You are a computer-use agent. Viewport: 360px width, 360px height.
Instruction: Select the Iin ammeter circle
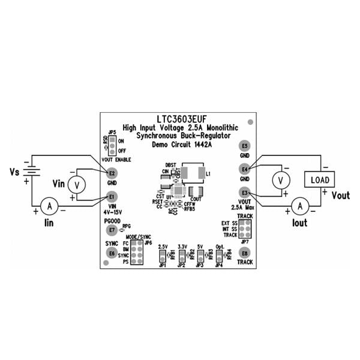tap(50, 206)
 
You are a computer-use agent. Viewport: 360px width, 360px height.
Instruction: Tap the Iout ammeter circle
tap(302, 206)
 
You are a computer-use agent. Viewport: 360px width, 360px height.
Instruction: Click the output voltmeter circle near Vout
tap(278, 179)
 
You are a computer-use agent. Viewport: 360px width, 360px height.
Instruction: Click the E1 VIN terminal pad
tap(111, 196)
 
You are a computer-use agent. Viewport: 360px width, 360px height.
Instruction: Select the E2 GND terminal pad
tap(111, 173)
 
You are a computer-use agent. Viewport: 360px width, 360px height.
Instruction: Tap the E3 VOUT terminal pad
tap(244, 192)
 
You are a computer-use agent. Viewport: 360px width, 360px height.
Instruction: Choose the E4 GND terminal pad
tap(244, 169)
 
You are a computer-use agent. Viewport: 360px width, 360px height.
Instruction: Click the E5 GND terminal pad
tap(244, 146)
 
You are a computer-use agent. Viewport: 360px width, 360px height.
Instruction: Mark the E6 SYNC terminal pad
tap(111, 253)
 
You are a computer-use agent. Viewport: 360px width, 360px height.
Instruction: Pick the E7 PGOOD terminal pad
tap(111, 230)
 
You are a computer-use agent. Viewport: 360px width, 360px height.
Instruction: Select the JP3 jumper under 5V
tap(200, 257)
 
